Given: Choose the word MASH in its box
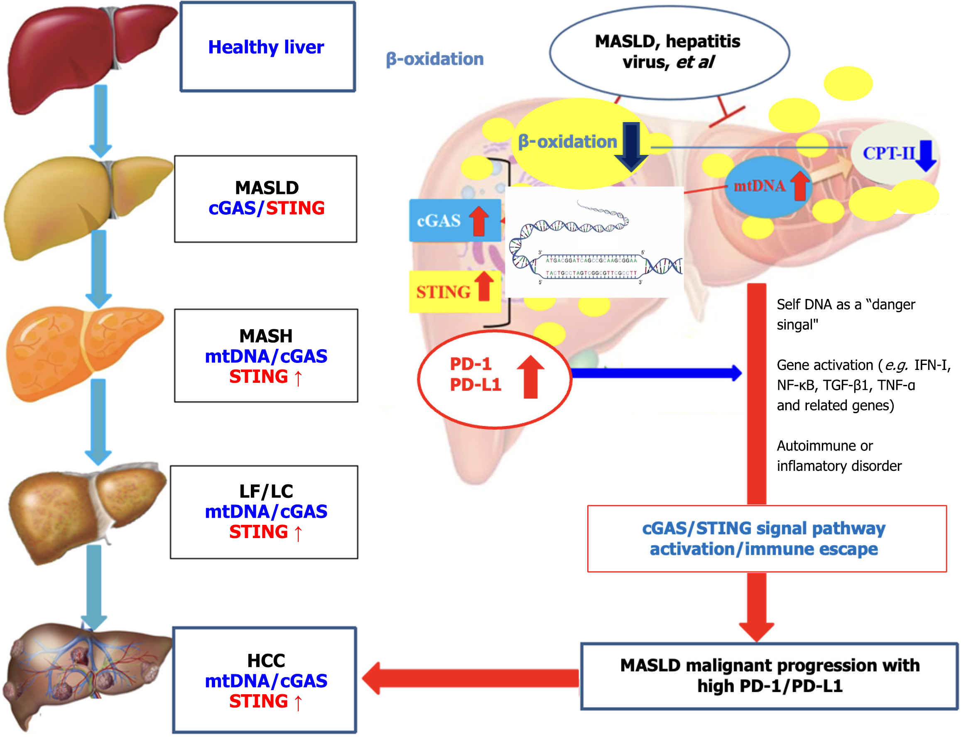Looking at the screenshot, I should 266,336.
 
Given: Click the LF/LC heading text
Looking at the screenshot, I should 266,491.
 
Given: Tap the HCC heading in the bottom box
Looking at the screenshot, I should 266,661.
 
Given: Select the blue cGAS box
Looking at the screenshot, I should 454,220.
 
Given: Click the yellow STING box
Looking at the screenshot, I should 454,292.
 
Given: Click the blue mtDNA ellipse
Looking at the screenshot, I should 766,186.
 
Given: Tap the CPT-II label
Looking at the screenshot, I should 889,154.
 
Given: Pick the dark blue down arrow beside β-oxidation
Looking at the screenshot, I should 631,147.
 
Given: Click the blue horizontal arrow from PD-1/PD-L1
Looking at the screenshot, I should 656,373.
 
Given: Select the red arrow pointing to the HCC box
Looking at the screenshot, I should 470,678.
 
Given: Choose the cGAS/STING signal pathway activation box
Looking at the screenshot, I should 766,539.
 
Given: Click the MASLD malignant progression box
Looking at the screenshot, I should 769,676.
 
